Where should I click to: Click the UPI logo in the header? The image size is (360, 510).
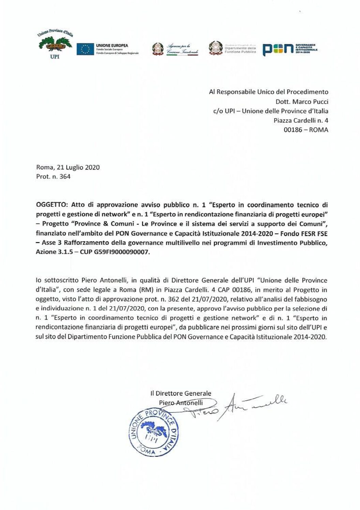pos(55,45)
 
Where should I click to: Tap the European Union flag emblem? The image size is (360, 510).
pos(85,49)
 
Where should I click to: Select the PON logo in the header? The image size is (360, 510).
pos(289,49)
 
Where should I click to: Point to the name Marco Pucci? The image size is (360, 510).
pos(311,101)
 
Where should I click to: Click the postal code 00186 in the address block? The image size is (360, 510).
pos(292,130)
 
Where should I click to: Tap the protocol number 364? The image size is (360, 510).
pos(65,177)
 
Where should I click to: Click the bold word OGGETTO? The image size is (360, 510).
pos(52,205)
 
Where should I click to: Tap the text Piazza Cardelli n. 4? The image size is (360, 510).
pos(301,120)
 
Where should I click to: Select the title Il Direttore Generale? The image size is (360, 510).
pos(181,393)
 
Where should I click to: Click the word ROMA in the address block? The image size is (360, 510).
pos(318,130)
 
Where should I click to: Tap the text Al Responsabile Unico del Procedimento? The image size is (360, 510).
pos(268,92)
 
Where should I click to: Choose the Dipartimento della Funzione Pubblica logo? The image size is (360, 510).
pos(232,49)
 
